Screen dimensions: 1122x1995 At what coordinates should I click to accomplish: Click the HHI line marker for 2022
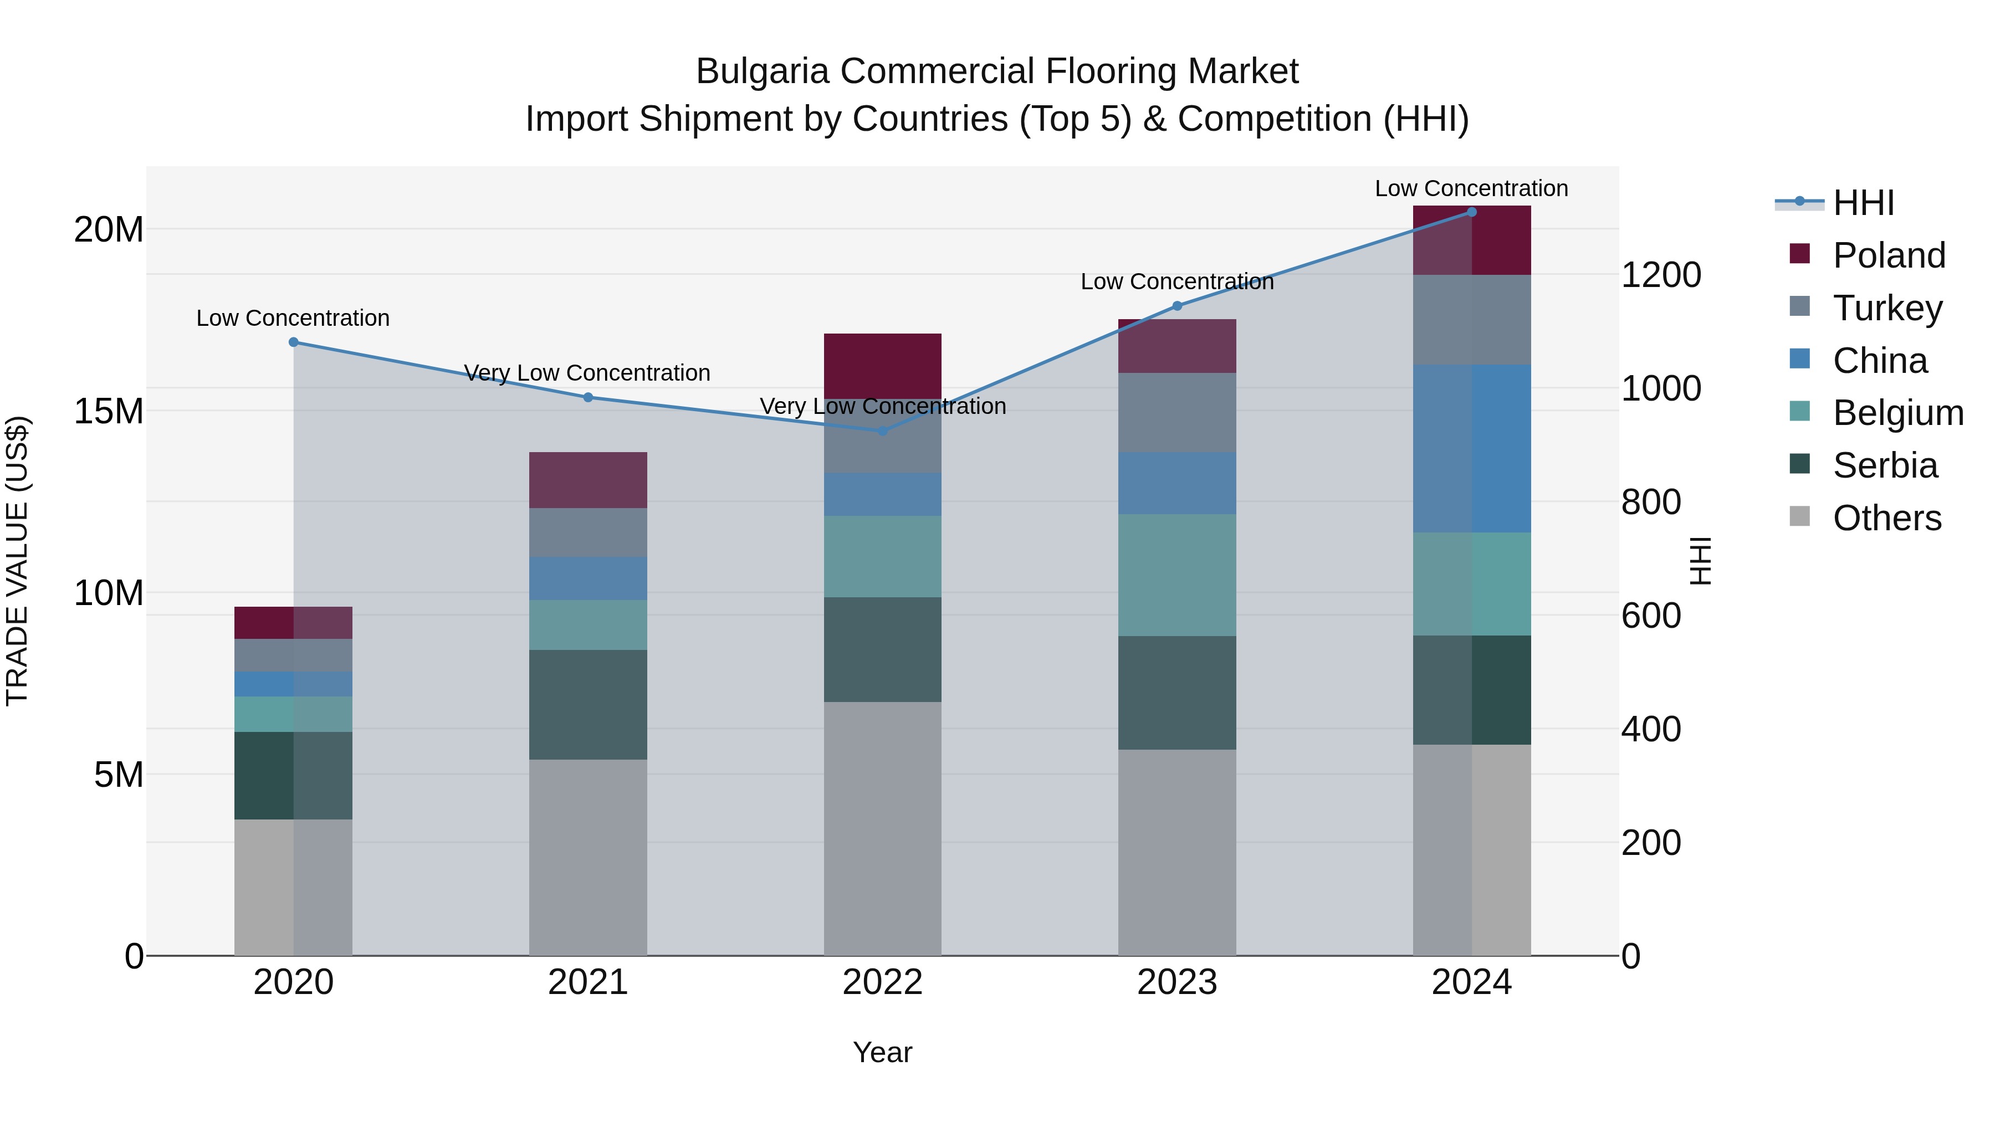[882, 431]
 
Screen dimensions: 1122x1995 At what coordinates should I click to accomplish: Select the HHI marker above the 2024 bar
[1471, 212]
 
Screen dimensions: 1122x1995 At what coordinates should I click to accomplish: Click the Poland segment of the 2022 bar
[882, 366]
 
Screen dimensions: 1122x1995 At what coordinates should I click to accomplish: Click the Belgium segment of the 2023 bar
[1176, 575]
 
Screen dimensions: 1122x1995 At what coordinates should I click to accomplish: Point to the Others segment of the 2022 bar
[882, 828]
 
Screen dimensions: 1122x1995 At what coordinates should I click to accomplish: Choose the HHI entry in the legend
[1863, 203]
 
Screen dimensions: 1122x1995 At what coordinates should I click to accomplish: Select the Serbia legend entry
[1884, 465]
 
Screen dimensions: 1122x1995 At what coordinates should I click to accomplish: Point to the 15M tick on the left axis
[109, 411]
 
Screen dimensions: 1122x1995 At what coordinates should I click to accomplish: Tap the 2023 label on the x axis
[1176, 982]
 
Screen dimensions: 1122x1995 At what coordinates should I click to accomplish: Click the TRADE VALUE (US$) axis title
[17, 561]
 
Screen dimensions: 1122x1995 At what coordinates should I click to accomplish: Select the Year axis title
[882, 1052]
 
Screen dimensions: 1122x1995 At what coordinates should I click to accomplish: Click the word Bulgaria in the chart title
[763, 71]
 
